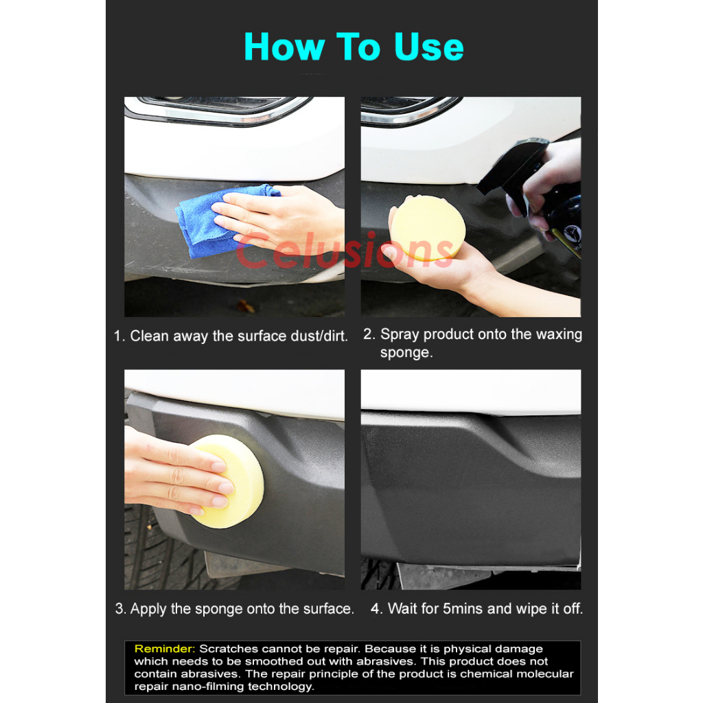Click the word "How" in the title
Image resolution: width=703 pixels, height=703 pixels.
click(284, 47)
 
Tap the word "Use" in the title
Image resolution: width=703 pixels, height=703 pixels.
click(428, 47)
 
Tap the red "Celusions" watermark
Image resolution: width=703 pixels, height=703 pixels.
click(345, 251)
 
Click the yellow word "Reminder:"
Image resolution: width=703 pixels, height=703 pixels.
click(165, 649)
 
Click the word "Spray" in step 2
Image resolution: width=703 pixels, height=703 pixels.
click(400, 335)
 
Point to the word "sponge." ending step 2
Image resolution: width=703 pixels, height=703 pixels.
click(406, 353)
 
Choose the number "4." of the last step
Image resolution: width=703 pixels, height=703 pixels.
click(376, 608)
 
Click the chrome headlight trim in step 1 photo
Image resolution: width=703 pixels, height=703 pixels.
click(215, 112)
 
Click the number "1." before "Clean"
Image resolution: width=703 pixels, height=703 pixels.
click(119, 336)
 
